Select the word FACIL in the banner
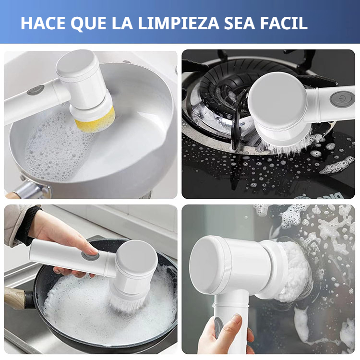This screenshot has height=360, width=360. click(x=283, y=23)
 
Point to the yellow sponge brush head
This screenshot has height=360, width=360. click(x=96, y=119)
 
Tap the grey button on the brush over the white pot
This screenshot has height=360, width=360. click(x=36, y=90)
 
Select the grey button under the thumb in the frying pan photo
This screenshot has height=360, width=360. click(x=90, y=255)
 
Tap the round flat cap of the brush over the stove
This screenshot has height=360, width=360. click(x=277, y=100)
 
